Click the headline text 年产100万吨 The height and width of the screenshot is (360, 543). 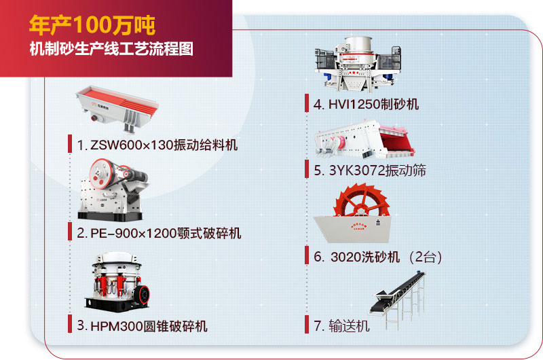point(92,26)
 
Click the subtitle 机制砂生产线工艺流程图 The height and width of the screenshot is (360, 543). point(111,50)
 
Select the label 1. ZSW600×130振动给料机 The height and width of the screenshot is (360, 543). point(157,145)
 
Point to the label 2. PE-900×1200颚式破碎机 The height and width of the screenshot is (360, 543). point(159,234)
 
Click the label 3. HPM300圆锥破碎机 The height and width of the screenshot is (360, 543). point(142,325)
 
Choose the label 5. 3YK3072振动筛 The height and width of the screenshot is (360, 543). point(370,170)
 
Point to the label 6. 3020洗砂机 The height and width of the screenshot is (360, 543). point(359,257)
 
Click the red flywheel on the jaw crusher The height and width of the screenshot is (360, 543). point(102,171)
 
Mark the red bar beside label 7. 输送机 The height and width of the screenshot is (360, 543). point(307,325)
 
